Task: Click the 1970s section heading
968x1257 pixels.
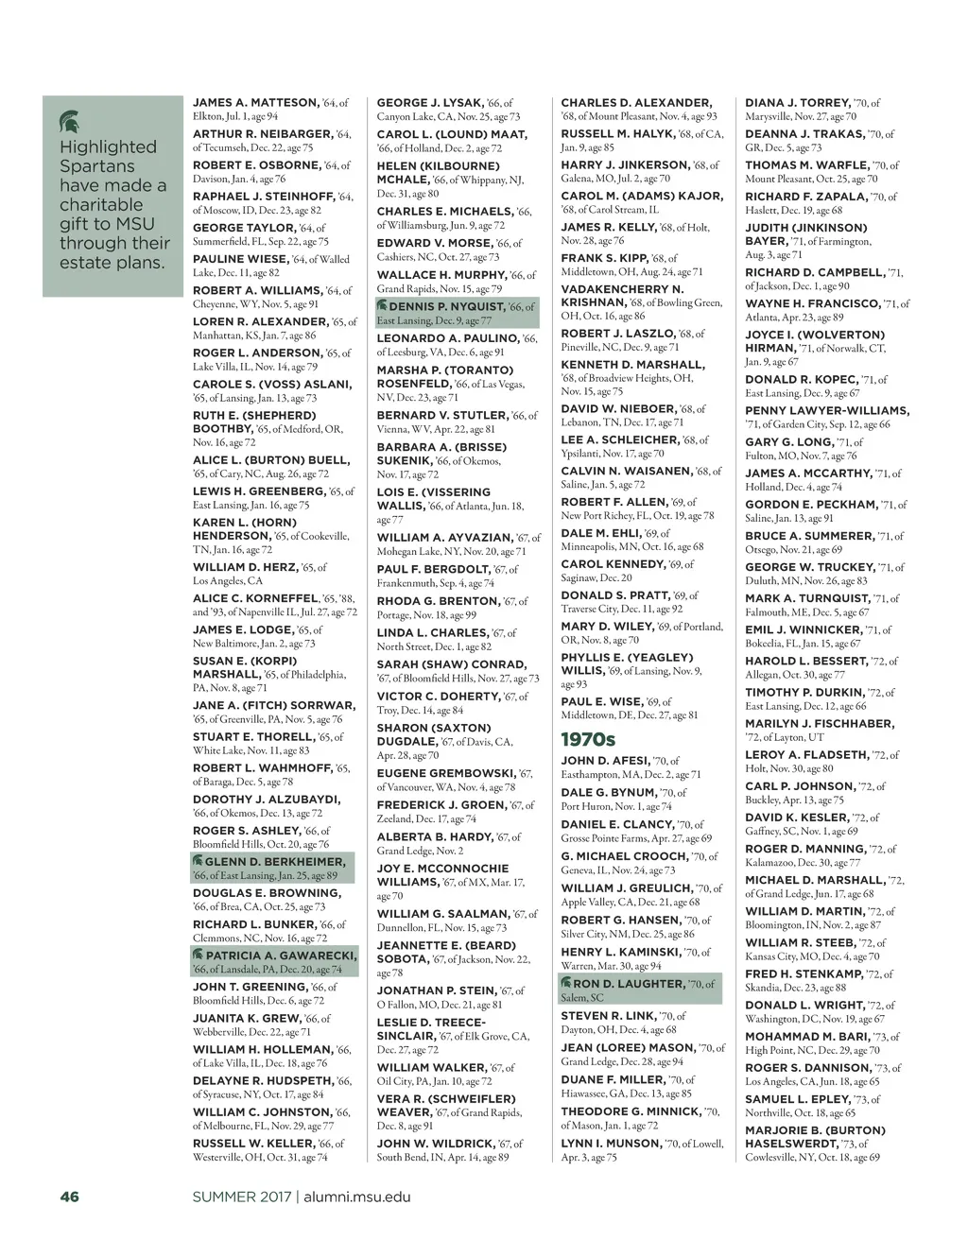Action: coord(587,738)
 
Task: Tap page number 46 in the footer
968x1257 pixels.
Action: coord(69,1197)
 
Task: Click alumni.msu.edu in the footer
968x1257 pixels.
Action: coord(357,1197)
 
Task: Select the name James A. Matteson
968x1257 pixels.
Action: coord(256,102)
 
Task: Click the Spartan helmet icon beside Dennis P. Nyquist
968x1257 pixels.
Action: coord(382,306)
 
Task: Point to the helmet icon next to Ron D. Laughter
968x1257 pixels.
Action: coord(566,983)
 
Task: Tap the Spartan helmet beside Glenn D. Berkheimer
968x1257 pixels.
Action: coord(198,861)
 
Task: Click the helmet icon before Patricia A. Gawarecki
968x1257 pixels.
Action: coord(198,955)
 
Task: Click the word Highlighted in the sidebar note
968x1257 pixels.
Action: coord(108,147)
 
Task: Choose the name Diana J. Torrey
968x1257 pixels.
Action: coord(797,102)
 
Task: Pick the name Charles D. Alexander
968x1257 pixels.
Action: coord(635,102)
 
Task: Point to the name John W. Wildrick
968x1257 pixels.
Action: coord(436,1143)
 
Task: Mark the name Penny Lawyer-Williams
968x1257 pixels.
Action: coord(827,410)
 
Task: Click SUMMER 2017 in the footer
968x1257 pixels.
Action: coord(242,1197)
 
